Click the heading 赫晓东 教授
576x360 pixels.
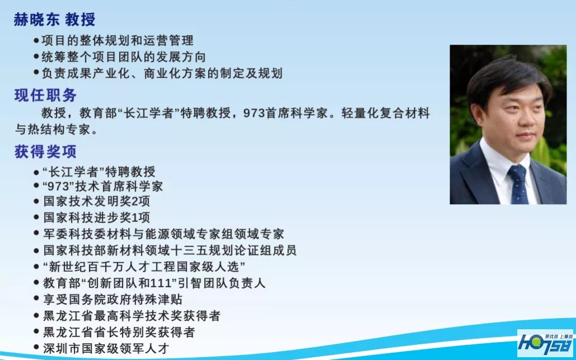(54, 20)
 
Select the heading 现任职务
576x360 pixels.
(45, 95)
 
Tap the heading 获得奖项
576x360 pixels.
(45, 151)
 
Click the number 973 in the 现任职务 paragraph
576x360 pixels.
(254, 113)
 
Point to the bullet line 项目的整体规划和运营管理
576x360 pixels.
(117, 40)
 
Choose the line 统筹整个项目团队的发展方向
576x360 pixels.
(124, 56)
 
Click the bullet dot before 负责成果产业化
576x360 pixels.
(36, 72)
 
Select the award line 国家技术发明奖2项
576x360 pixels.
(97, 201)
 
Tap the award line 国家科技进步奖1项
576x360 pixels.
(97, 217)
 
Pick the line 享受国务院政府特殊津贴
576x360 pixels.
(113, 299)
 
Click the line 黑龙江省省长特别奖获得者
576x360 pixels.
(119, 331)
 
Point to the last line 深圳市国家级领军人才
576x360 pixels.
(106, 348)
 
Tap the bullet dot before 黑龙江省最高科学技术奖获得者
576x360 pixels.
(36, 315)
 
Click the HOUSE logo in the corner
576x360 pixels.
(545, 343)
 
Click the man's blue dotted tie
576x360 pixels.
(518, 184)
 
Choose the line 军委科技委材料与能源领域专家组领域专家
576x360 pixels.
(164, 234)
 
